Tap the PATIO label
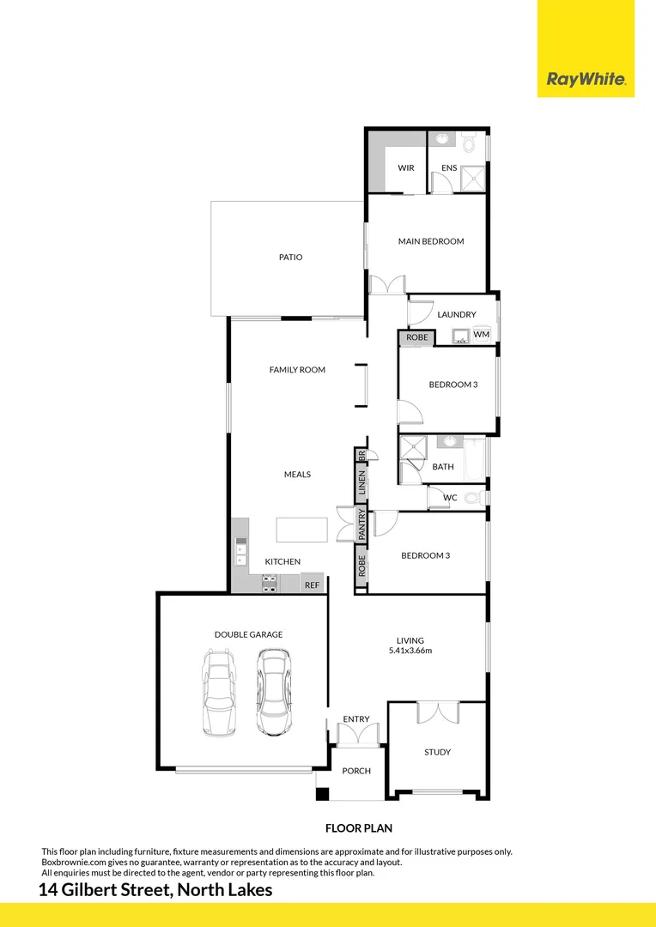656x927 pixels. (x=290, y=257)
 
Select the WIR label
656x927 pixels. (x=406, y=168)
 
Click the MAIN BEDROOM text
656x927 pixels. (x=430, y=242)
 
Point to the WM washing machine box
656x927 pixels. (x=482, y=334)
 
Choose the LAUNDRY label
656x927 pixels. (x=456, y=315)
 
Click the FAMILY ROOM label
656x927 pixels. (x=297, y=370)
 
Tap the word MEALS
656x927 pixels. (x=297, y=475)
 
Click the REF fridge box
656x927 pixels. (x=312, y=585)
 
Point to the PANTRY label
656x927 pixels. (x=362, y=524)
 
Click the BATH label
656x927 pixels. (x=443, y=468)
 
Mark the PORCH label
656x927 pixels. (x=356, y=771)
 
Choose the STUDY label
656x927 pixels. (x=437, y=753)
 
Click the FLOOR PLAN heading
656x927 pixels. (x=358, y=828)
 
